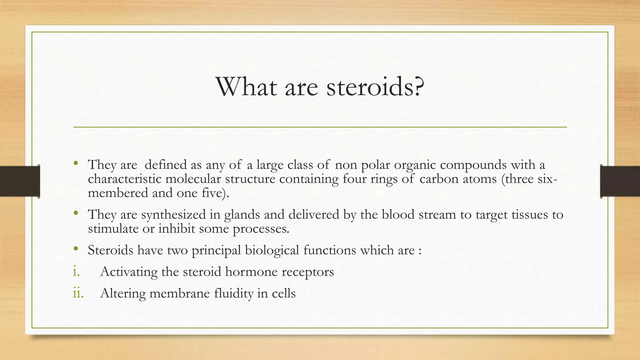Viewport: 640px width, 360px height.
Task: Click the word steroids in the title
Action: pos(370,87)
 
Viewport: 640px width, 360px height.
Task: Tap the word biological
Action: pos(272,250)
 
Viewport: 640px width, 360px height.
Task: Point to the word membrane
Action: pos(180,293)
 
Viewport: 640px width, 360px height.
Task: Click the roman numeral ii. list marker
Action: pos(78,293)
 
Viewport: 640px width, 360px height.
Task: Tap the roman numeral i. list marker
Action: pos(76,272)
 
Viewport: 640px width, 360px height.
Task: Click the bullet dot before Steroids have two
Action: pos(76,249)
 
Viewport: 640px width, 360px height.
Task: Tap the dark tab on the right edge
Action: pos(620,181)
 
